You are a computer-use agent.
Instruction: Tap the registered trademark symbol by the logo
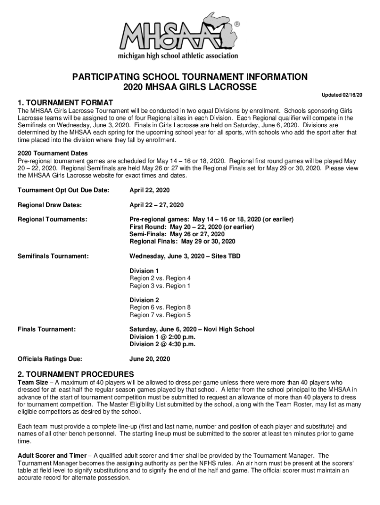[x=237, y=24]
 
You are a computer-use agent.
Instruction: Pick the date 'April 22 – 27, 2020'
[x=156, y=205]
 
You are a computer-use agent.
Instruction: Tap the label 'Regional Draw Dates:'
[x=50, y=205]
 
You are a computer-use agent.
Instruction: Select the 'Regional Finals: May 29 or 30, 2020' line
[x=182, y=242]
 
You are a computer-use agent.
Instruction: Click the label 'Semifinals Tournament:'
[x=53, y=256]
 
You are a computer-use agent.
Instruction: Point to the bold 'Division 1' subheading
[x=144, y=271]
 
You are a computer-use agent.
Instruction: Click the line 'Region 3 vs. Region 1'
[x=160, y=286]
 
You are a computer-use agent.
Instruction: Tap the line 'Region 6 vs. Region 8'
[x=160, y=307]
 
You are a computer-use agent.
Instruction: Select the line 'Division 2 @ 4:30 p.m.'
[x=162, y=344]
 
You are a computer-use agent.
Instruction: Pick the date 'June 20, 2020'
[x=150, y=359]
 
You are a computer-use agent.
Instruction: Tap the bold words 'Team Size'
[x=33, y=382]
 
